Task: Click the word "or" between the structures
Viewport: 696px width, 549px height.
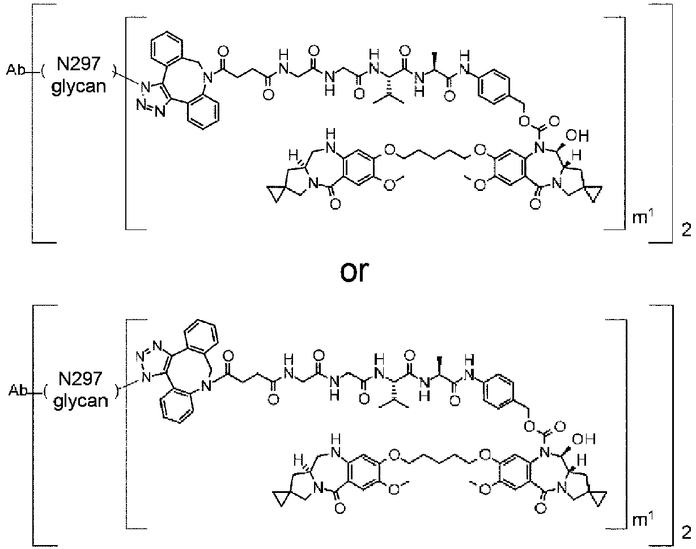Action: click(354, 271)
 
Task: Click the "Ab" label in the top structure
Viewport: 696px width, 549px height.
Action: click(15, 70)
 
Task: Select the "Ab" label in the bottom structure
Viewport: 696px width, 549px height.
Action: click(18, 391)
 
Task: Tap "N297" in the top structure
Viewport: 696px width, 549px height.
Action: click(79, 63)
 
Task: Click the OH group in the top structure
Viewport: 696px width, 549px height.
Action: click(578, 135)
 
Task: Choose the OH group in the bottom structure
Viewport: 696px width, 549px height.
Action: click(584, 439)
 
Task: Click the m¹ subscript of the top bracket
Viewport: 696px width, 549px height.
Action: click(643, 217)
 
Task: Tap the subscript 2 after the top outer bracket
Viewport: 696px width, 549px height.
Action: click(686, 230)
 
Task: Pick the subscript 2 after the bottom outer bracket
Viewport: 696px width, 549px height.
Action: click(686, 533)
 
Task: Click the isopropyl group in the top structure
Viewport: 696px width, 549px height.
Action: click(389, 97)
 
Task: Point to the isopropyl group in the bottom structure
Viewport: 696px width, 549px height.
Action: click(394, 402)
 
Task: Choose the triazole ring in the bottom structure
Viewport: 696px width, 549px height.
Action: click(155, 361)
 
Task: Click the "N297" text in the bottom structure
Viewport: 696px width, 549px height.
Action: click(80, 378)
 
